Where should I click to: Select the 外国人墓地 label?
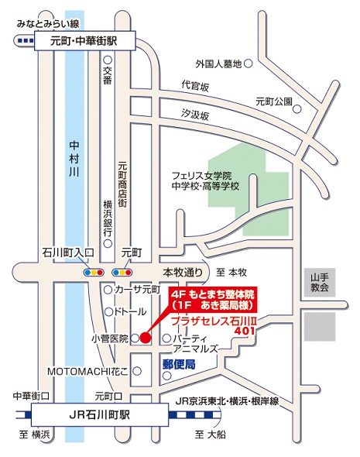(219, 63)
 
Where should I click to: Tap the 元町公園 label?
(273, 101)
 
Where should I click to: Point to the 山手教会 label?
(320, 282)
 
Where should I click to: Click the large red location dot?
(145, 338)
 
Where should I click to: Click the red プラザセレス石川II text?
(214, 321)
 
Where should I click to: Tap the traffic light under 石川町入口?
(94, 273)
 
